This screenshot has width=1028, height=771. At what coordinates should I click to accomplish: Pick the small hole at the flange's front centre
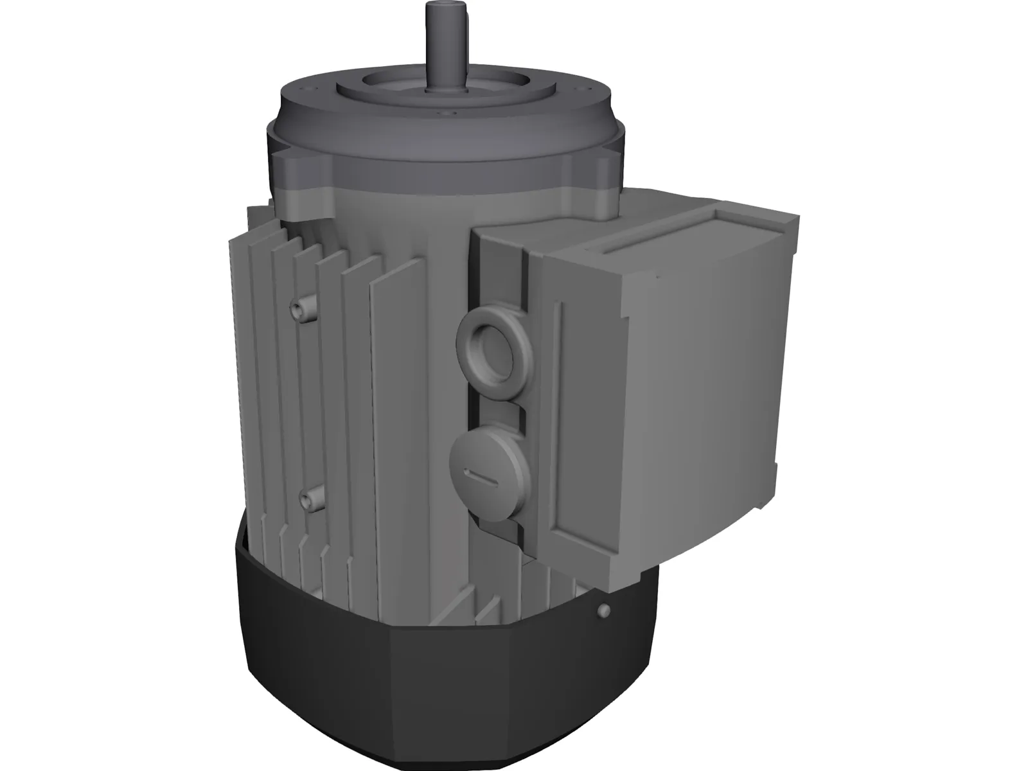click(x=443, y=114)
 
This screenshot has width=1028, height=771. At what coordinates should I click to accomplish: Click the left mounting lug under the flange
click(x=302, y=164)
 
